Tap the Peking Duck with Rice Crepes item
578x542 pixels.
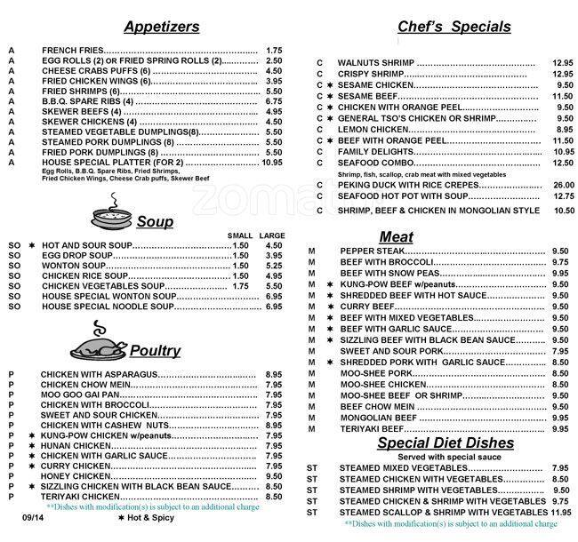coord(402,184)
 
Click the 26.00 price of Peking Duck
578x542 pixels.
coord(560,184)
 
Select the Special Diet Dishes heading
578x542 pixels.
coord(444,442)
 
